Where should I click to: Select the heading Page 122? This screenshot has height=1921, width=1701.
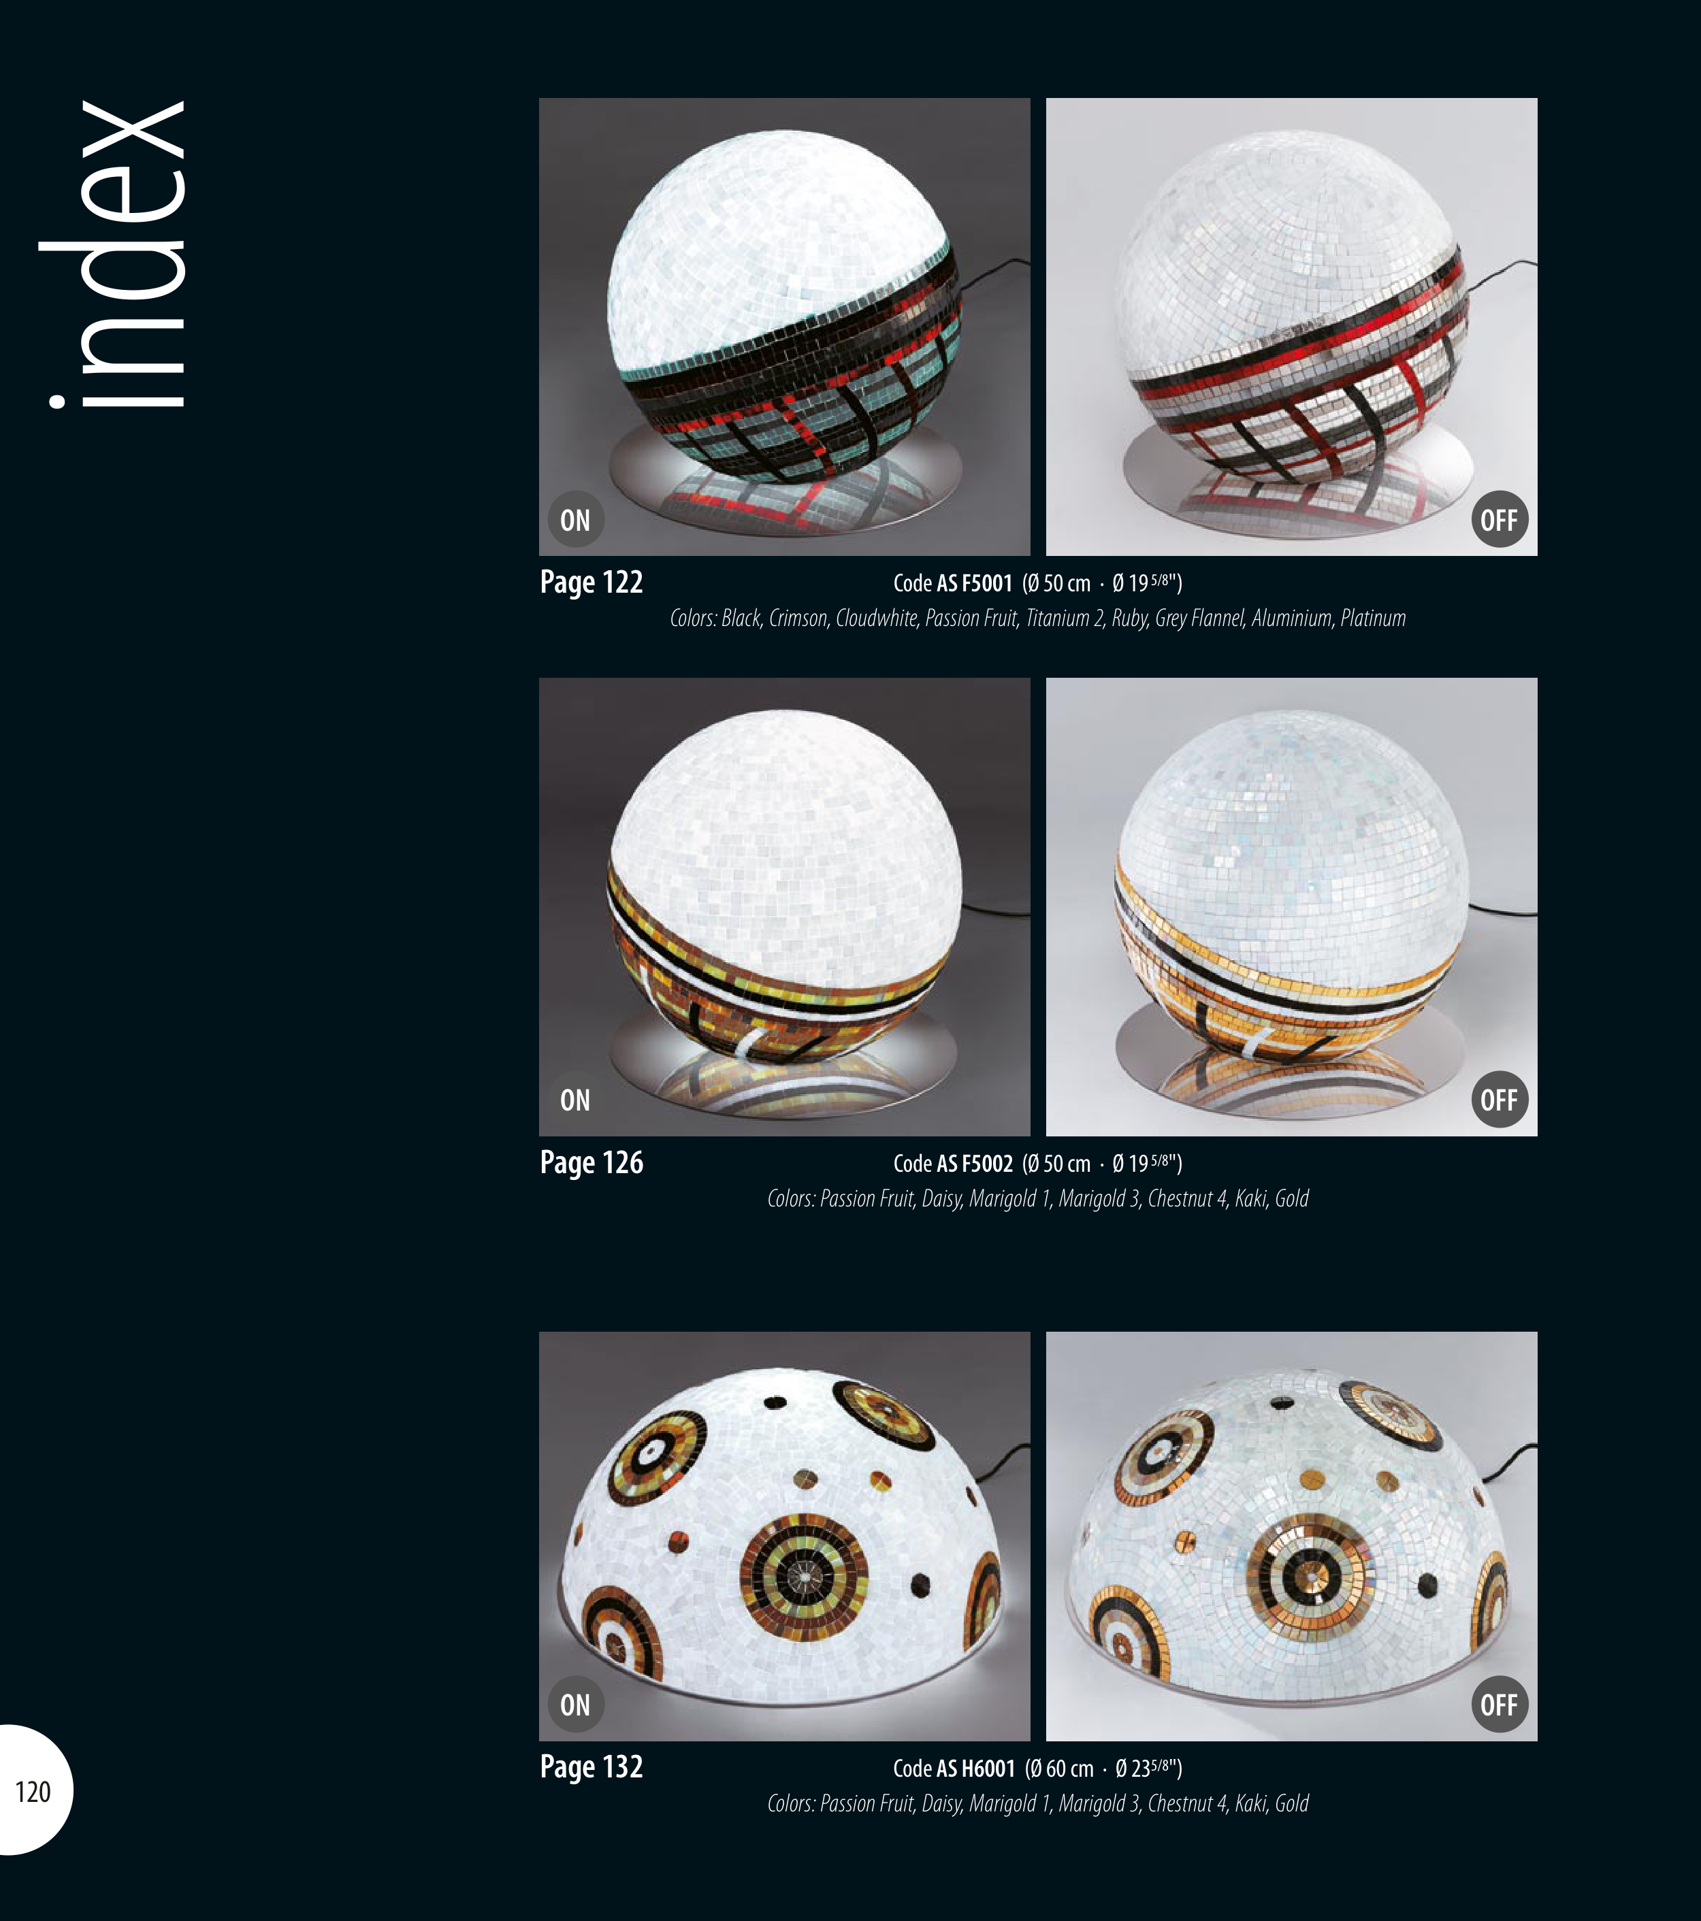[592, 582]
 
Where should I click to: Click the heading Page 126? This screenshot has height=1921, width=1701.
[592, 1162]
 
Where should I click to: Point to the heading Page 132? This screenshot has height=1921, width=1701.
[592, 1767]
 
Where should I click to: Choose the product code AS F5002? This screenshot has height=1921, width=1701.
[974, 1164]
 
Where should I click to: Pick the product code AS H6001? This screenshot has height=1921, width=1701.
[976, 1769]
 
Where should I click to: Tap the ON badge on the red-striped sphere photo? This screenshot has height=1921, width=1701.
[575, 520]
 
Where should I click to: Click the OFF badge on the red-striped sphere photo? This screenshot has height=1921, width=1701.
[1499, 520]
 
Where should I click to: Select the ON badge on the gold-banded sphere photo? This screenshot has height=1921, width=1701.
[575, 1100]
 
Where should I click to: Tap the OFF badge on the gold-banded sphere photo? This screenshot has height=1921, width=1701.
[1499, 1100]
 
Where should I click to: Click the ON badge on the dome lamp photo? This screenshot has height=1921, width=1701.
[575, 1705]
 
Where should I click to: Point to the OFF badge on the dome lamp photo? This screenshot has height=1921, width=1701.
[1499, 1705]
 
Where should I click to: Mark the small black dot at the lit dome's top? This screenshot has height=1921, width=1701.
[776, 1403]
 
